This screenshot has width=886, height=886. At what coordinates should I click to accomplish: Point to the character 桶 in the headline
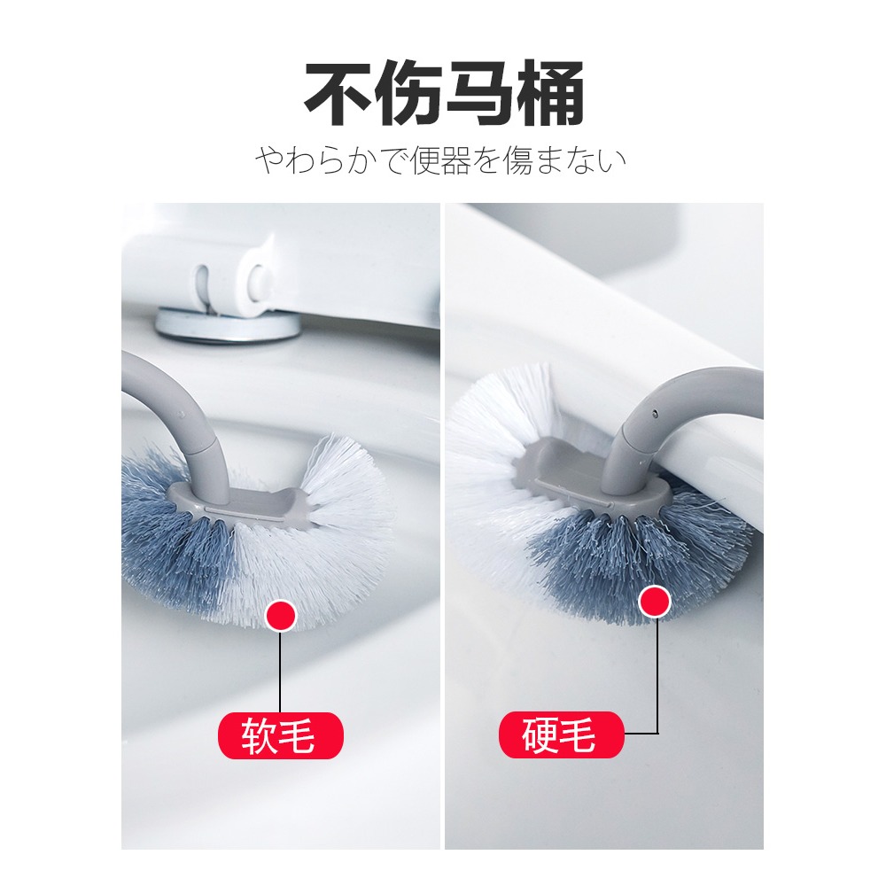tap(549, 95)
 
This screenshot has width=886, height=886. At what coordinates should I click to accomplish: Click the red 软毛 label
tap(281, 735)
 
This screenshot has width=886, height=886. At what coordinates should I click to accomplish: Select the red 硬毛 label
tap(562, 734)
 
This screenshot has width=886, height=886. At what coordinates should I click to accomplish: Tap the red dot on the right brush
tap(656, 602)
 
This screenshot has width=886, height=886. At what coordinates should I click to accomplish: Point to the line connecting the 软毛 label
tap(281, 672)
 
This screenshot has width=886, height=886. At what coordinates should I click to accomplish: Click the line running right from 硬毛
tap(641, 734)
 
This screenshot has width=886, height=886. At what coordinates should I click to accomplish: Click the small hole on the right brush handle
tap(655, 413)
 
